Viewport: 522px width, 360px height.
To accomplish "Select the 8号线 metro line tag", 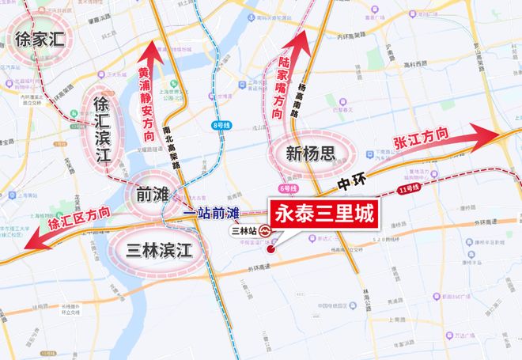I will tap(217, 125).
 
